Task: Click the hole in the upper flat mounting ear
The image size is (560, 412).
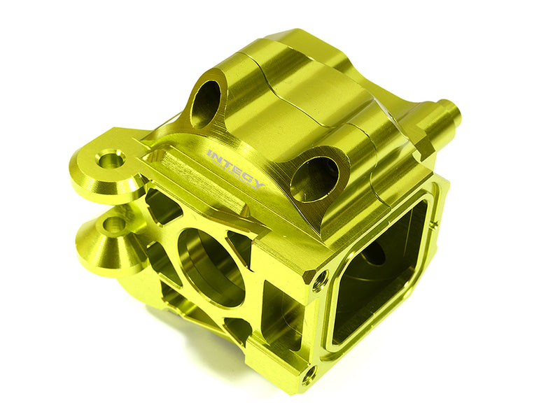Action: [110, 159]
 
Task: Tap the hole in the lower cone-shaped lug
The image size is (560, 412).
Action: [111, 225]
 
